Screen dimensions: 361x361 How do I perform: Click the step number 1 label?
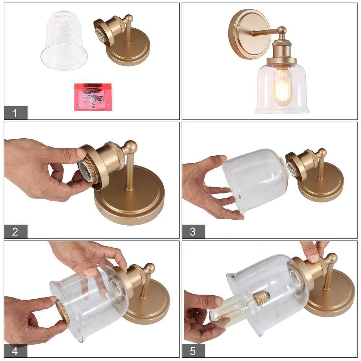[15, 113]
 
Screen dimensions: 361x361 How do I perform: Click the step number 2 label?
[15, 231]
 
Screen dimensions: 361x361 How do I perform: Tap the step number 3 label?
[193, 231]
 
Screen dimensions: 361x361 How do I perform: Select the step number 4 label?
[15, 351]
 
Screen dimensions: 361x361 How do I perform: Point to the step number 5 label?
[193, 351]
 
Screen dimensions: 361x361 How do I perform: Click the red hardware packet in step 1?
[93, 97]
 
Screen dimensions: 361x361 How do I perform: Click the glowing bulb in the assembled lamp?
[282, 87]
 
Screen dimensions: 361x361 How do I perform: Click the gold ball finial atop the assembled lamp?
[282, 30]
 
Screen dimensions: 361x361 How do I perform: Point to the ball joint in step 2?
[129, 147]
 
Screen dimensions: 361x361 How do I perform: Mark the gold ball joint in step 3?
[321, 153]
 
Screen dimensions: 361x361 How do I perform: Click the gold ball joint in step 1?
[128, 19]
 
